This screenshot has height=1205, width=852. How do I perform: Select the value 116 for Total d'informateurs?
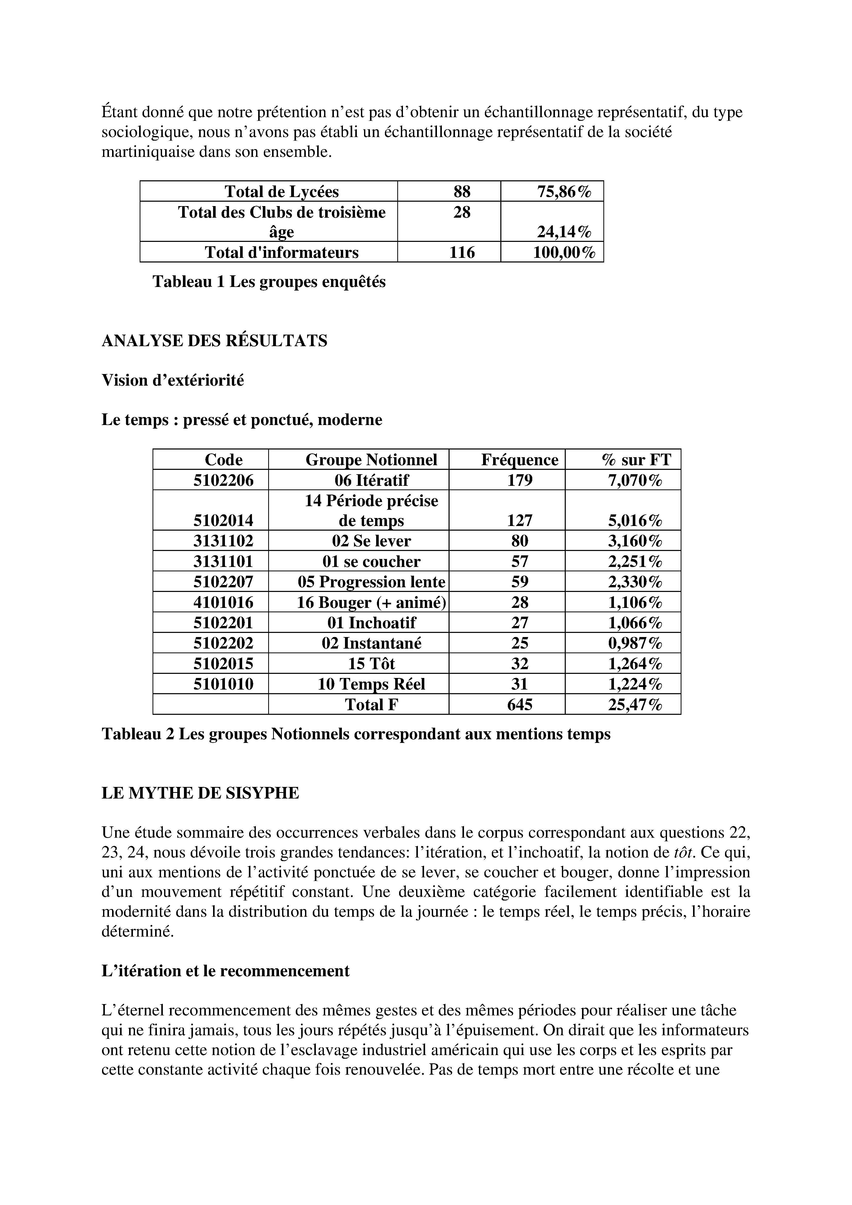(x=462, y=252)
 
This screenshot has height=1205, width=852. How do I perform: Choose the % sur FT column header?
(x=636, y=460)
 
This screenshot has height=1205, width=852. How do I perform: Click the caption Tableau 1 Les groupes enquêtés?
(x=269, y=282)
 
